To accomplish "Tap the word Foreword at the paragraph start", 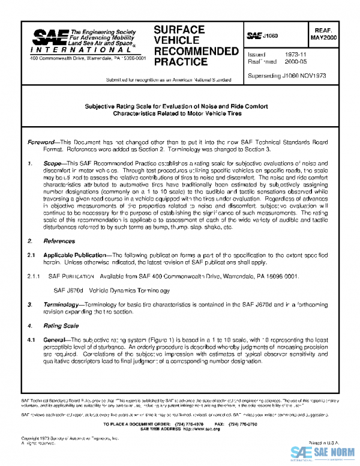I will pos(44,142).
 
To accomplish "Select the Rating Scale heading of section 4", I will pos(61,325).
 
